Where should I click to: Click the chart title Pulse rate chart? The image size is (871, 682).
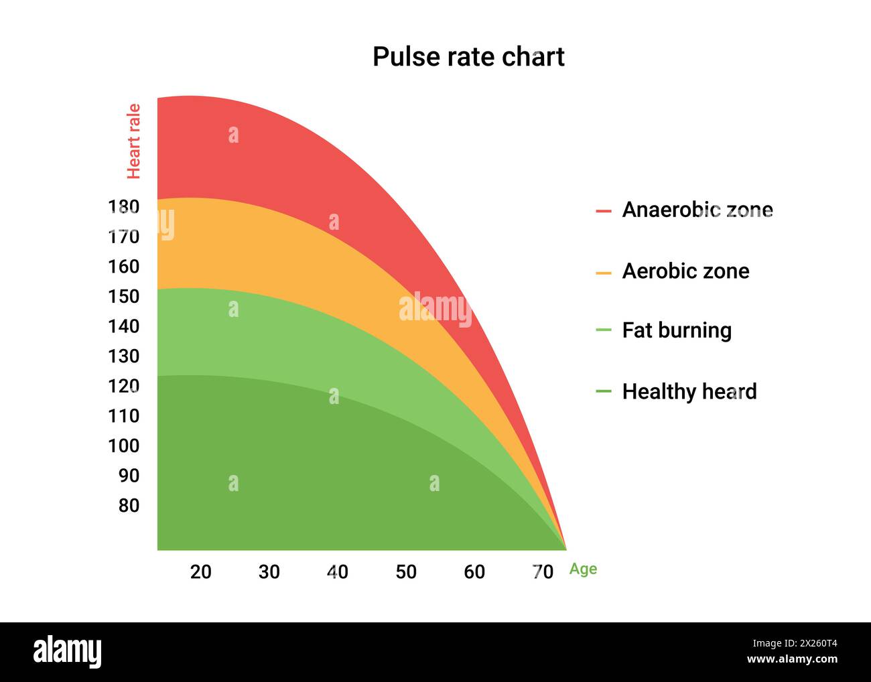(x=468, y=57)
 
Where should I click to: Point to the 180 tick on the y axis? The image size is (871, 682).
(x=123, y=207)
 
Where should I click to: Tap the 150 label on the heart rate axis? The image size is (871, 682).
(x=123, y=297)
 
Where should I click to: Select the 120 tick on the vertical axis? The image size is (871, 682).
(x=123, y=386)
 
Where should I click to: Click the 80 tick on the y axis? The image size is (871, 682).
(x=129, y=506)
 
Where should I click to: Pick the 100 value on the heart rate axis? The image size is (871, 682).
(x=123, y=446)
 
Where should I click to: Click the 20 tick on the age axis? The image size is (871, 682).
(x=200, y=572)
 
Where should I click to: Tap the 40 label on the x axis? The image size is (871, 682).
(x=337, y=572)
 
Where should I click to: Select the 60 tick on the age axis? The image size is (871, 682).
(x=474, y=572)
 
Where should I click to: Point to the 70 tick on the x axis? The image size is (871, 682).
(x=543, y=572)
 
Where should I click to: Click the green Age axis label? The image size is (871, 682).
(x=583, y=569)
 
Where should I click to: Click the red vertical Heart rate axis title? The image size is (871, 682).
(x=134, y=141)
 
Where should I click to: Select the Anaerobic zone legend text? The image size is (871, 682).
(x=697, y=210)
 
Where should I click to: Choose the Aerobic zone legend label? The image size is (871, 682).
(x=685, y=271)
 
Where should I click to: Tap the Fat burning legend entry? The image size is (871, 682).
(x=677, y=330)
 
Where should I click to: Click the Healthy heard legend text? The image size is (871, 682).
(x=689, y=392)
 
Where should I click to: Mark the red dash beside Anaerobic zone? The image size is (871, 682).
(x=603, y=211)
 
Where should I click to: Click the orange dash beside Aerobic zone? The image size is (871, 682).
(x=603, y=273)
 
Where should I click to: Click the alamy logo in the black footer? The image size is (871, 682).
(x=67, y=652)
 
